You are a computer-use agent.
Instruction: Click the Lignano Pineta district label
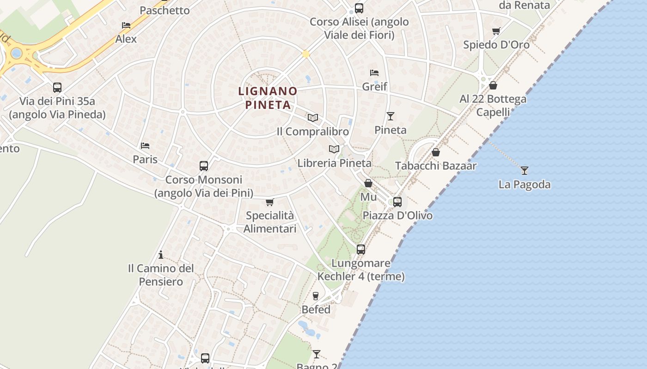pyautogui.click(x=268, y=98)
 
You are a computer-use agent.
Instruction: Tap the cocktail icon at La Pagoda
pyautogui.click(x=524, y=171)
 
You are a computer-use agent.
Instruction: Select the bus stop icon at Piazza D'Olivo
pyautogui.click(x=397, y=202)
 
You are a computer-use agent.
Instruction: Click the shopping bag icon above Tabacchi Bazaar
pyautogui.click(x=436, y=152)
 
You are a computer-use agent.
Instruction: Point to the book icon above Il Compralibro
pyautogui.click(x=313, y=118)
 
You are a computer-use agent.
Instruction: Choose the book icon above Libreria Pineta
pyautogui.click(x=334, y=149)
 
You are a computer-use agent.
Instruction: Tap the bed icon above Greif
pyautogui.click(x=374, y=73)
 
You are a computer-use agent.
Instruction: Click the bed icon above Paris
pyautogui.click(x=145, y=146)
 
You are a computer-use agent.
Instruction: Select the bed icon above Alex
pyautogui.click(x=126, y=25)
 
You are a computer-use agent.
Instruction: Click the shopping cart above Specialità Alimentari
pyautogui.click(x=270, y=202)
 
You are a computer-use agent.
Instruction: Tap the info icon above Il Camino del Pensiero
pyautogui.click(x=161, y=255)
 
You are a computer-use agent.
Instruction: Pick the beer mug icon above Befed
pyautogui.click(x=316, y=296)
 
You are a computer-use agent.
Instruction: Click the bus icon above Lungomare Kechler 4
pyautogui.click(x=361, y=250)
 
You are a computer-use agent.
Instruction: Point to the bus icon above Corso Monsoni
pyautogui.click(x=204, y=166)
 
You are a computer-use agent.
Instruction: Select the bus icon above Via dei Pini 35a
pyautogui.click(x=57, y=88)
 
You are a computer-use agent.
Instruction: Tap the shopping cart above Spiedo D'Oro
pyautogui.click(x=496, y=31)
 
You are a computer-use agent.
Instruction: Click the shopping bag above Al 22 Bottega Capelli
pyautogui.click(x=493, y=85)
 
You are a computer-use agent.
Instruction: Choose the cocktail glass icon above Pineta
pyautogui.click(x=391, y=116)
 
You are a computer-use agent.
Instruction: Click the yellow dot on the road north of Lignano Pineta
pyautogui.click(x=305, y=54)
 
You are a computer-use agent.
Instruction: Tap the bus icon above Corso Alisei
pyautogui.click(x=359, y=8)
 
